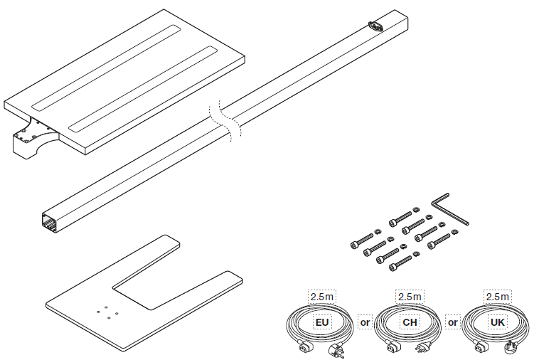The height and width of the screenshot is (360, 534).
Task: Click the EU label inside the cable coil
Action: (322, 322)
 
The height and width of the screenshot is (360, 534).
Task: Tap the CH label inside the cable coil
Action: (410, 322)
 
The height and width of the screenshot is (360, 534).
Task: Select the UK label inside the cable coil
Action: (498, 322)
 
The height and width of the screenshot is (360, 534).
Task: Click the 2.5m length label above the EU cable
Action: (322, 297)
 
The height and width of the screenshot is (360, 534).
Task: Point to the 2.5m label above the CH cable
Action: (410, 297)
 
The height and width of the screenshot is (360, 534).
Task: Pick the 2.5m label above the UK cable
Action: (498, 297)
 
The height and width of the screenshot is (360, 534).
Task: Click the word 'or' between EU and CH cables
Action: (365, 322)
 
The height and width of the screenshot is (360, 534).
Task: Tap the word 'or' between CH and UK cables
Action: (453, 322)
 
